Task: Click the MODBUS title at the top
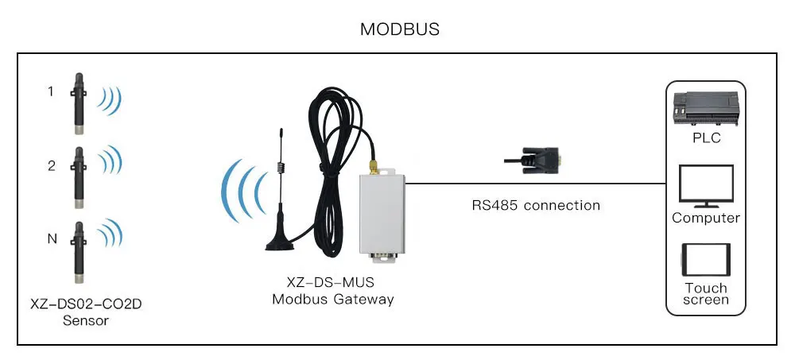(400, 29)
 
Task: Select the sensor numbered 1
(79, 101)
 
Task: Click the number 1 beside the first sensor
(51, 92)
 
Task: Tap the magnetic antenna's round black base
(279, 241)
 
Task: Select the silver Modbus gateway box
(381, 215)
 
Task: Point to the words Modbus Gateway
(332, 300)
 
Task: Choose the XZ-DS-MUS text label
(332, 283)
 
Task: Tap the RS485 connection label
(536, 205)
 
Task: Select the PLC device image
(705, 107)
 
